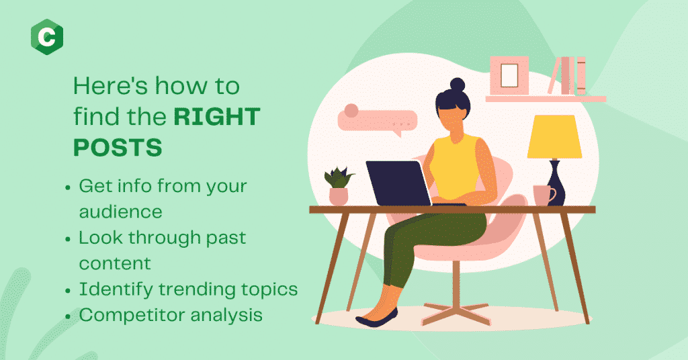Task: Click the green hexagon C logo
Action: click(x=47, y=37)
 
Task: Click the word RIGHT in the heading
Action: click(x=217, y=117)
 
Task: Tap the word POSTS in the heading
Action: click(x=118, y=147)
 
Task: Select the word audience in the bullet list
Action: click(x=121, y=212)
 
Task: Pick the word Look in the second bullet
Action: click(x=101, y=238)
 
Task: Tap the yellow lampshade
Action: click(x=554, y=136)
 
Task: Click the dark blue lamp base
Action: click(x=556, y=183)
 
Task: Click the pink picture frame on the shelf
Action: click(x=509, y=75)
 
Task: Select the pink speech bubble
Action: click(x=378, y=120)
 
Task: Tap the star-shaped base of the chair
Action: click(x=456, y=312)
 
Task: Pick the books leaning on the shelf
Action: click(x=567, y=75)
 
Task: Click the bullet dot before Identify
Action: click(x=68, y=291)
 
